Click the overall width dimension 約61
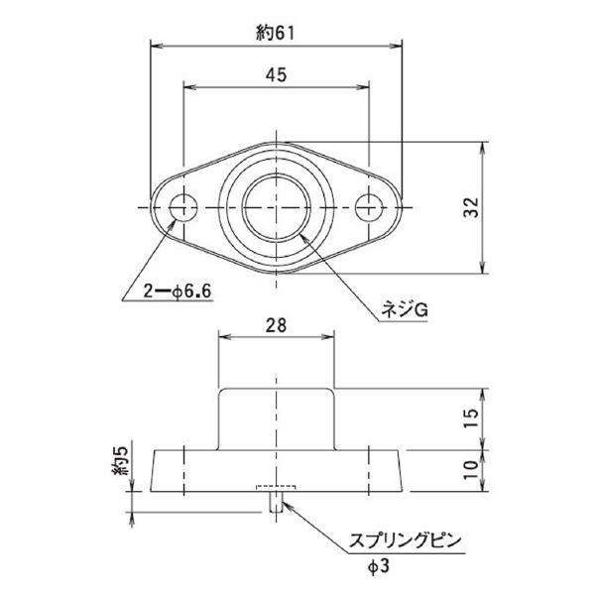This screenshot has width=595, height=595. (x=277, y=32)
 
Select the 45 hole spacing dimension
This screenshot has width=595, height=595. (x=277, y=74)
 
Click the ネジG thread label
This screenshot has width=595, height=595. (x=405, y=309)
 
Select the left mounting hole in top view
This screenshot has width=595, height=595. (x=183, y=208)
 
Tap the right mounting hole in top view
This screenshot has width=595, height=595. (x=370, y=208)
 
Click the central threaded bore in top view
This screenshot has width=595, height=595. (x=277, y=208)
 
